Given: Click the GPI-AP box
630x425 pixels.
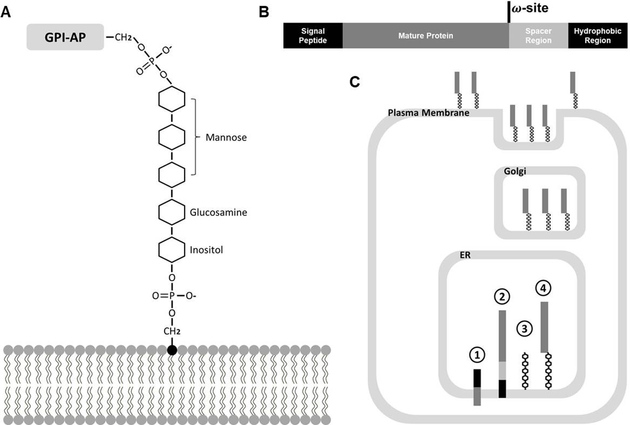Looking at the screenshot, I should tap(65, 37).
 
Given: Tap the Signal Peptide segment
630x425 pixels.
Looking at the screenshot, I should tap(313, 36).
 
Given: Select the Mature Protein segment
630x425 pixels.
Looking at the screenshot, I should tap(425, 36).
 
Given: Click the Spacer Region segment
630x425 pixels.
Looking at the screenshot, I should tap(538, 36).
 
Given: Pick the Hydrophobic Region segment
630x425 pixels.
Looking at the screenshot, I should tap(597, 36).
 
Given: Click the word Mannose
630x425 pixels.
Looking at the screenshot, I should tap(226, 137).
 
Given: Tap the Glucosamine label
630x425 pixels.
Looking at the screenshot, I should tap(218, 212).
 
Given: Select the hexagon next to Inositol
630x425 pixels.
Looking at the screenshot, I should tap(172, 250).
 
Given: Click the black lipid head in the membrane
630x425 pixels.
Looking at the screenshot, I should tap(172, 350).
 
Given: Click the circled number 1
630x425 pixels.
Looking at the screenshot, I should tap(477, 355).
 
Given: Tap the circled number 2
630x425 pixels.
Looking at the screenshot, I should tap(502, 297).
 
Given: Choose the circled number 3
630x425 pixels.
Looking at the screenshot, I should tap(525, 329).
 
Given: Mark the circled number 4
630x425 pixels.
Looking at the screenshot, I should tap(543, 288).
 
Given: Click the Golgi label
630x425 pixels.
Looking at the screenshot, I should tap(515, 171).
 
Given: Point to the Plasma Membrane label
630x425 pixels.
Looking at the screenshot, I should tap(428, 113).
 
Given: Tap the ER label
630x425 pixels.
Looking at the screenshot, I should tap(465, 255).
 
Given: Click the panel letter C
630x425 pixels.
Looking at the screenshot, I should tap(354, 82).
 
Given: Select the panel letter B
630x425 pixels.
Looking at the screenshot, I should tap(264, 12).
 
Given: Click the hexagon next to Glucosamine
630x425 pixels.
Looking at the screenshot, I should tap(172, 212).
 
